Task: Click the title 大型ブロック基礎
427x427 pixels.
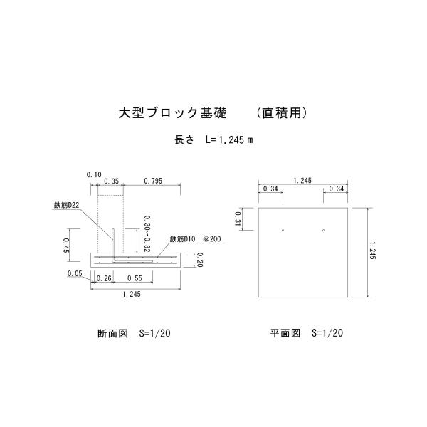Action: (x=172, y=113)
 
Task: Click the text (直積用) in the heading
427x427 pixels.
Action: (x=282, y=113)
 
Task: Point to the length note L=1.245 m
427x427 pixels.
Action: (x=213, y=139)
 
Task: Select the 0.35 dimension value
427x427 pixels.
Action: (x=111, y=181)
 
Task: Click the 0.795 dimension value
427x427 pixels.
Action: (x=152, y=181)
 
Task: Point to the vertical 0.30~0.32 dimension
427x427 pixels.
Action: (x=147, y=233)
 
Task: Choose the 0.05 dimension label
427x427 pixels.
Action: (x=74, y=273)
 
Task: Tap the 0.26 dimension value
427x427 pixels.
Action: (x=103, y=278)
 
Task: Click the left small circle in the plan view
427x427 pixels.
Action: (x=283, y=230)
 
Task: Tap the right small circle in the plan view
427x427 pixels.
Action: (x=324, y=230)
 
